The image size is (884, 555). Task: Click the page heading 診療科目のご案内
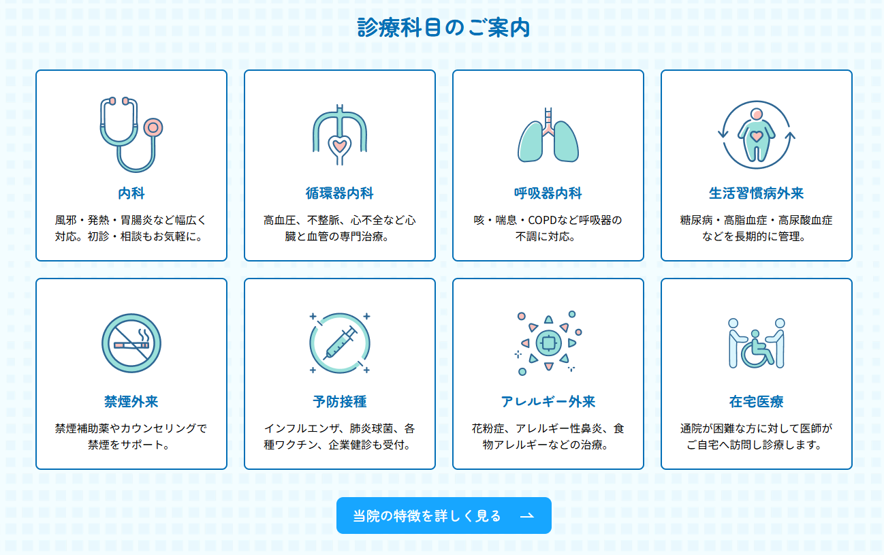pos(443,28)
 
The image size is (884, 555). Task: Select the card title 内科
pos(131,193)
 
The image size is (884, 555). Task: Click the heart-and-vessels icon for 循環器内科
pos(340,135)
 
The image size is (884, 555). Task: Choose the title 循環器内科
pos(340,193)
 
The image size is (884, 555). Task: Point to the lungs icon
pos(548,135)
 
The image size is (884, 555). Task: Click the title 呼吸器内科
pos(548,193)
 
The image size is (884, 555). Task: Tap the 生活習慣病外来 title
pos(757,193)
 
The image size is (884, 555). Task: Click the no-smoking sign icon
pos(131,343)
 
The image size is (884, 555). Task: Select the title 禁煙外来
pos(131,402)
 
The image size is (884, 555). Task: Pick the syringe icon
pos(340,343)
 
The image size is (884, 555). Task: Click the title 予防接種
pos(340,402)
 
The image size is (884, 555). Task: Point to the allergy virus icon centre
pos(548,343)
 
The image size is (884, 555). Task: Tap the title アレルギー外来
pos(548,402)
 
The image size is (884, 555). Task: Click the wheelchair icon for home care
pos(757,343)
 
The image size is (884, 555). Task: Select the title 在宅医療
pos(757,402)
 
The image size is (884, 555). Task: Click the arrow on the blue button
pos(527,516)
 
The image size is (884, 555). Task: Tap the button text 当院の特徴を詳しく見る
pos(427,516)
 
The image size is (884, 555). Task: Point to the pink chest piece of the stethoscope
pos(153,128)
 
